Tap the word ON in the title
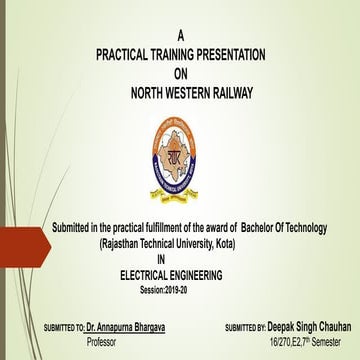tap(180, 73)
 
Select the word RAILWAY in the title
tap(226, 93)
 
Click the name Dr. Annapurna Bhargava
tap(124, 326)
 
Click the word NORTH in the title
tap(151, 93)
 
